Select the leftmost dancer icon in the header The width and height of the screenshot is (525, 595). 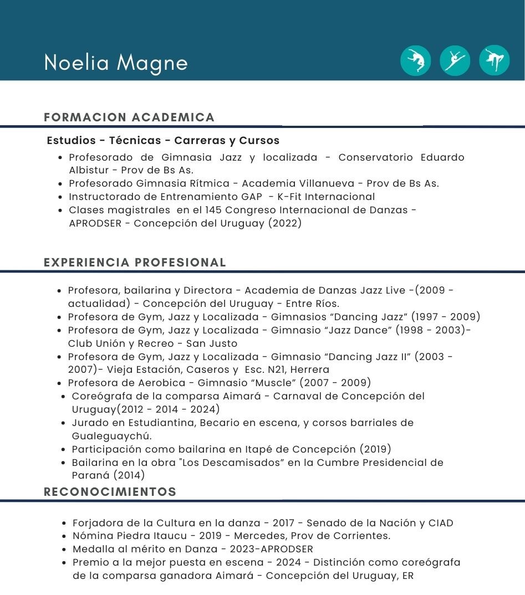coord(415,60)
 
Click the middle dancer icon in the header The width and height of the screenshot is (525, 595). coord(455,60)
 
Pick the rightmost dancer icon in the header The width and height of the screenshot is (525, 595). coord(494,60)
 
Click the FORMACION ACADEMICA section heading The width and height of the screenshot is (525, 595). coord(129,117)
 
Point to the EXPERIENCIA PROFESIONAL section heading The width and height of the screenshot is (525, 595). coord(135,263)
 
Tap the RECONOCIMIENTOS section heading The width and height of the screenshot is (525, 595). coord(110,492)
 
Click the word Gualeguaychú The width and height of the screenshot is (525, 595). coord(111,436)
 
